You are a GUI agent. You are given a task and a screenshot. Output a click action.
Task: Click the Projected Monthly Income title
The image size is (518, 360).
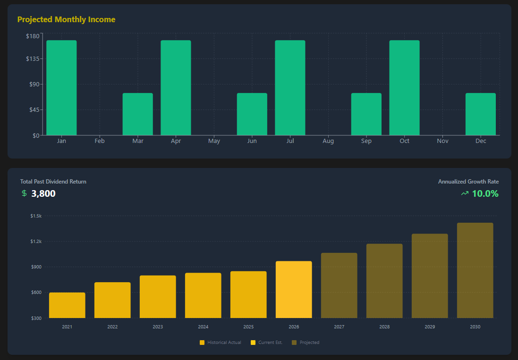[66, 19]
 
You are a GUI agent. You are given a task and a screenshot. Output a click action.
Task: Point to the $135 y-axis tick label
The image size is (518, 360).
[33, 59]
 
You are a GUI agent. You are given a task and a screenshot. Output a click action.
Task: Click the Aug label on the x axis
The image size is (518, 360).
[328, 141]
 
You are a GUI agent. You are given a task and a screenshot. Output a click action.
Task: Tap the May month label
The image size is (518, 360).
[214, 141]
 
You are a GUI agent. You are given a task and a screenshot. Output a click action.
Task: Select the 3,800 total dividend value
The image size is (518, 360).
[43, 193]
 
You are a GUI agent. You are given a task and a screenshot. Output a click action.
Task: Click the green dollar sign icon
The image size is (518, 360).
[24, 193]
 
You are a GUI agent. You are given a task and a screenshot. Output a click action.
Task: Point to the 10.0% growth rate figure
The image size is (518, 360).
[485, 193]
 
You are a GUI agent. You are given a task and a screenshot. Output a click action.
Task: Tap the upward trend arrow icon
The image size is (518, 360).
[465, 193]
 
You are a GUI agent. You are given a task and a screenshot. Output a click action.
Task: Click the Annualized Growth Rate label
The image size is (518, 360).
[468, 182]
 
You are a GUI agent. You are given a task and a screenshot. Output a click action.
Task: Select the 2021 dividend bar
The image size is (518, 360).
[67, 305]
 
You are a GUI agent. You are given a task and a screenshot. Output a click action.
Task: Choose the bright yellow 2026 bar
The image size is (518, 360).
[294, 290]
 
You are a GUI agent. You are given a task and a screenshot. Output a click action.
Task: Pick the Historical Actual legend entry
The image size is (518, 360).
[221, 343]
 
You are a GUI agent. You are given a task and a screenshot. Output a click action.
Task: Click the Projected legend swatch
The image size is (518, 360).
[295, 343]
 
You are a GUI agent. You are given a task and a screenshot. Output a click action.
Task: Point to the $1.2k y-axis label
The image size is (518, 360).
[35, 242]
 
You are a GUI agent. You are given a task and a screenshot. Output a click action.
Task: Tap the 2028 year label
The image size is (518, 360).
[384, 327]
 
